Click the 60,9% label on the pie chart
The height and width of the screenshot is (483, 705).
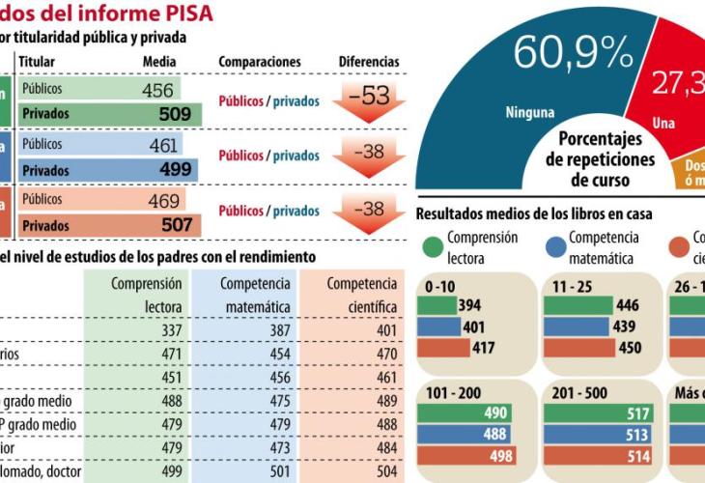pos(573,52)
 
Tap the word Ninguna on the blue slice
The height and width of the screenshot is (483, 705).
pos(529,113)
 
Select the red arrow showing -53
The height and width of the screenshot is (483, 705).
pos(368,101)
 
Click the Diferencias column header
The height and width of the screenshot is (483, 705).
pos(368,62)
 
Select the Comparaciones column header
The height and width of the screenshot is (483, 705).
pos(260,62)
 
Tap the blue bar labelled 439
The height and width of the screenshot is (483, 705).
pos(579,327)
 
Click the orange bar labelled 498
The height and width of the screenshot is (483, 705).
pos(467,456)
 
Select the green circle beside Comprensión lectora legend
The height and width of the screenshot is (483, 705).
pos(432,246)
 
